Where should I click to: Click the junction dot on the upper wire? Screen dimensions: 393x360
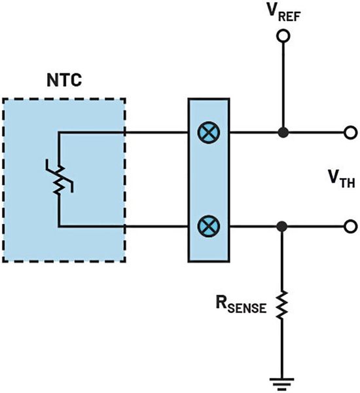click(x=283, y=132)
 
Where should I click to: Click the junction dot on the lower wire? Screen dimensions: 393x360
click(x=283, y=227)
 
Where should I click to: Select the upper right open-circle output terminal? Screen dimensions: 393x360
click(x=351, y=132)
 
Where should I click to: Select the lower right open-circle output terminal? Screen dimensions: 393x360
click(x=351, y=227)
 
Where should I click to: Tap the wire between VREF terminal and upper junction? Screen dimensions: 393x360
click(x=283, y=85)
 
